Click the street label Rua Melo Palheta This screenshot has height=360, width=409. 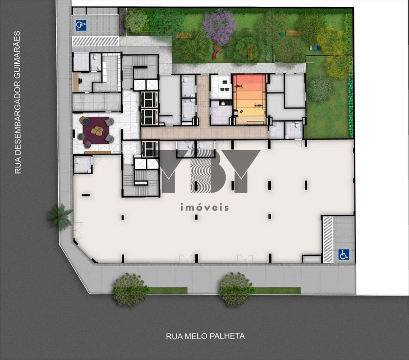tap(205, 336)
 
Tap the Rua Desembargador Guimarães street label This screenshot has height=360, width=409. tap(17, 103)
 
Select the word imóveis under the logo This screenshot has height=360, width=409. tap(205, 207)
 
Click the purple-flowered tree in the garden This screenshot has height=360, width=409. tap(219, 24)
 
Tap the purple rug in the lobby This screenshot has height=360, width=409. tap(96, 130)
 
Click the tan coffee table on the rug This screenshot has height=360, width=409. tap(98, 130)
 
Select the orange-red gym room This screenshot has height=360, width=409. tap(250, 100)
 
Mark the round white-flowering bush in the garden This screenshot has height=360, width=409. tap(320, 88)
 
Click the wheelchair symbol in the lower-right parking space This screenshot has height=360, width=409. tap(344, 254)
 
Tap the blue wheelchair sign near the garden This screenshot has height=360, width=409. tap(81, 25)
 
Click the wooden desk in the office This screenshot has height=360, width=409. tap(76, 82)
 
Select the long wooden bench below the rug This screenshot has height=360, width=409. tap(97, 152)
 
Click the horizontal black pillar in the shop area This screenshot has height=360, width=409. tap(86, 195)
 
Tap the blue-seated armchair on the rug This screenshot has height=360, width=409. tap(84, 121)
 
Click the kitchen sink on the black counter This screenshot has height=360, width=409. tap(223, 103)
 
